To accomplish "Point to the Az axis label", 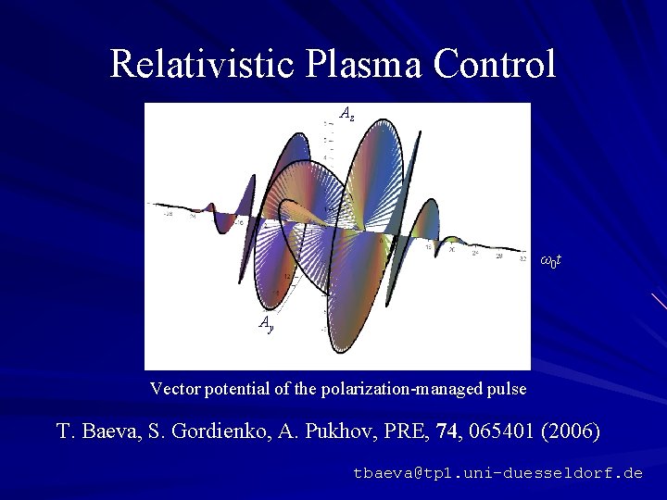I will (x=346, y=114).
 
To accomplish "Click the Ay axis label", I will (x=266, y=322).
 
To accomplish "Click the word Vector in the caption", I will (x=172, y=389).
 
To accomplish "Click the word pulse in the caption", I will (x=508, y=389).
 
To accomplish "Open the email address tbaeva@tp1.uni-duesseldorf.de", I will (x=497, y=472).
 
